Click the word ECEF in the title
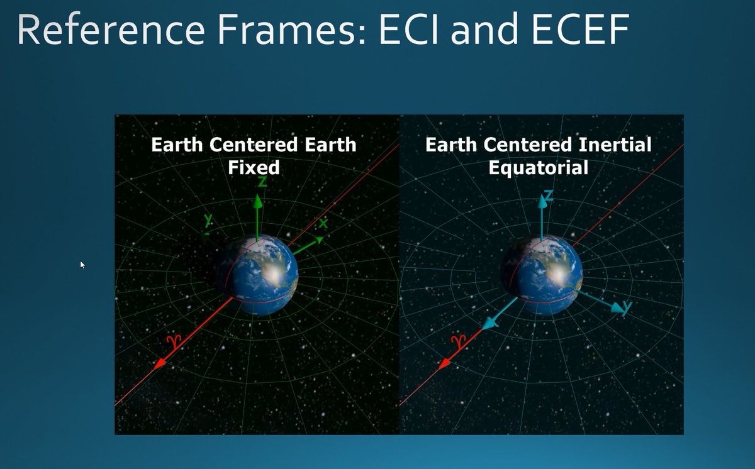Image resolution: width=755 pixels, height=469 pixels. pos(579,29)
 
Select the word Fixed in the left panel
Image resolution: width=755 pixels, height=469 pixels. pos(254,168)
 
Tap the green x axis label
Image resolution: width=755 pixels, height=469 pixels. pos(324,224)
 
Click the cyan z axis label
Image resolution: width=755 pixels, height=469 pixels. pos(549,196)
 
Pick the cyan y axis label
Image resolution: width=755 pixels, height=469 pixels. pos(626,308)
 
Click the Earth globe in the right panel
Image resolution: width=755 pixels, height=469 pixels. pos(542,275)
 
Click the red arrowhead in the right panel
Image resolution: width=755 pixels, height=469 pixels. pos(446,364)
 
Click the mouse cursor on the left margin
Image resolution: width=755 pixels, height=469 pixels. pos(82,265)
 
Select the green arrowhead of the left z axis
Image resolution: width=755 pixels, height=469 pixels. pos(257,201)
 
